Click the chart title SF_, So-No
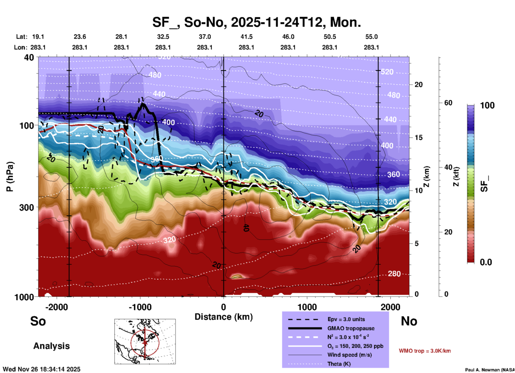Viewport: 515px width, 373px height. tap(257, 22)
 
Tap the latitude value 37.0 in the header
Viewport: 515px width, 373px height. tap(205, 37)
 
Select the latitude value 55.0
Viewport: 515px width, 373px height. tap(371, 37)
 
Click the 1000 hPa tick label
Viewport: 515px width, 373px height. tap(24, 297)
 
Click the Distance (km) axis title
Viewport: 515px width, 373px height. tap(224, 317)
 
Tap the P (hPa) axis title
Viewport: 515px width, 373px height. tap(10, 177)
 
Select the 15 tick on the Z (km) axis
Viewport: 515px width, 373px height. tap(418, 138)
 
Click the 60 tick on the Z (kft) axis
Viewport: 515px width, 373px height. tap(448, 103)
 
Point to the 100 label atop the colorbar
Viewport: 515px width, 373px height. tap(487, 105)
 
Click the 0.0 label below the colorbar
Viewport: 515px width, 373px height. tap(486, 262)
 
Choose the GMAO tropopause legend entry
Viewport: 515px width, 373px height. tap(351, 328)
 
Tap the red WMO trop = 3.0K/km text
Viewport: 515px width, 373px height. tap(425, 351)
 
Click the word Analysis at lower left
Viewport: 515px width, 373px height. tap(51, 346)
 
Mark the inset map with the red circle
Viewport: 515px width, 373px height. tap(145, 341)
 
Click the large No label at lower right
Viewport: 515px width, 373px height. tap(409, 321)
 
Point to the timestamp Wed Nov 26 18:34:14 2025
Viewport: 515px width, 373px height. tap(41, 369)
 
